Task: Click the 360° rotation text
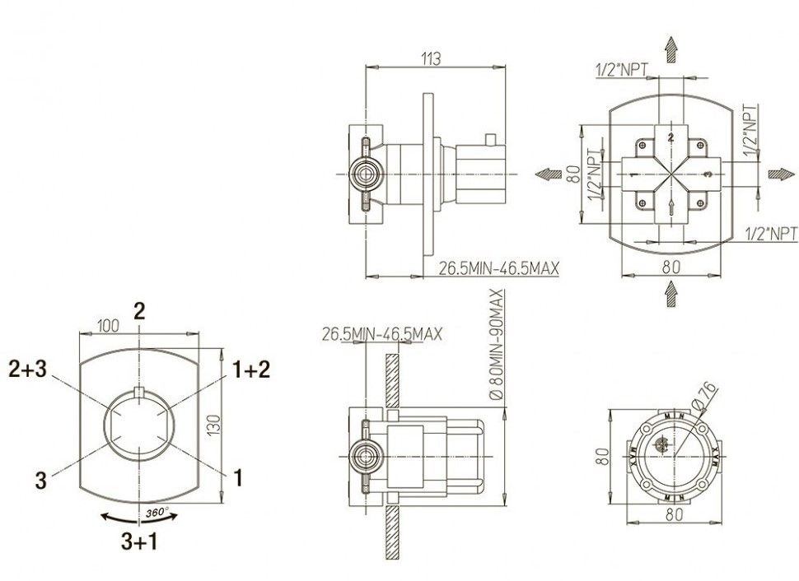pyautogui.click(x=157, y=512)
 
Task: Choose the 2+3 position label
pyautogui.click(x=29, y=369)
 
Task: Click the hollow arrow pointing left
pyautogui.click(x=544, y=174)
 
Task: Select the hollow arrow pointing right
pyautogui.click(x=778, y=174)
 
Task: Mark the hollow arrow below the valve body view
pyautogui.click(x=672, y=292)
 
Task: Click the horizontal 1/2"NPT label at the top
pyautogui.click(x=622, y=71)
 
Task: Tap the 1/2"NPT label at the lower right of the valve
pyautogui.click(x=769, y=233)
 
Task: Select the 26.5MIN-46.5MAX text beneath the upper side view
pyautogui.click(x=498, y=268)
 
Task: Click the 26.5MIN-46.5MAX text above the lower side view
pyautogui.click(x=382, y=335)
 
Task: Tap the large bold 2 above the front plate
pyautogui.click(x=140, y=309)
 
